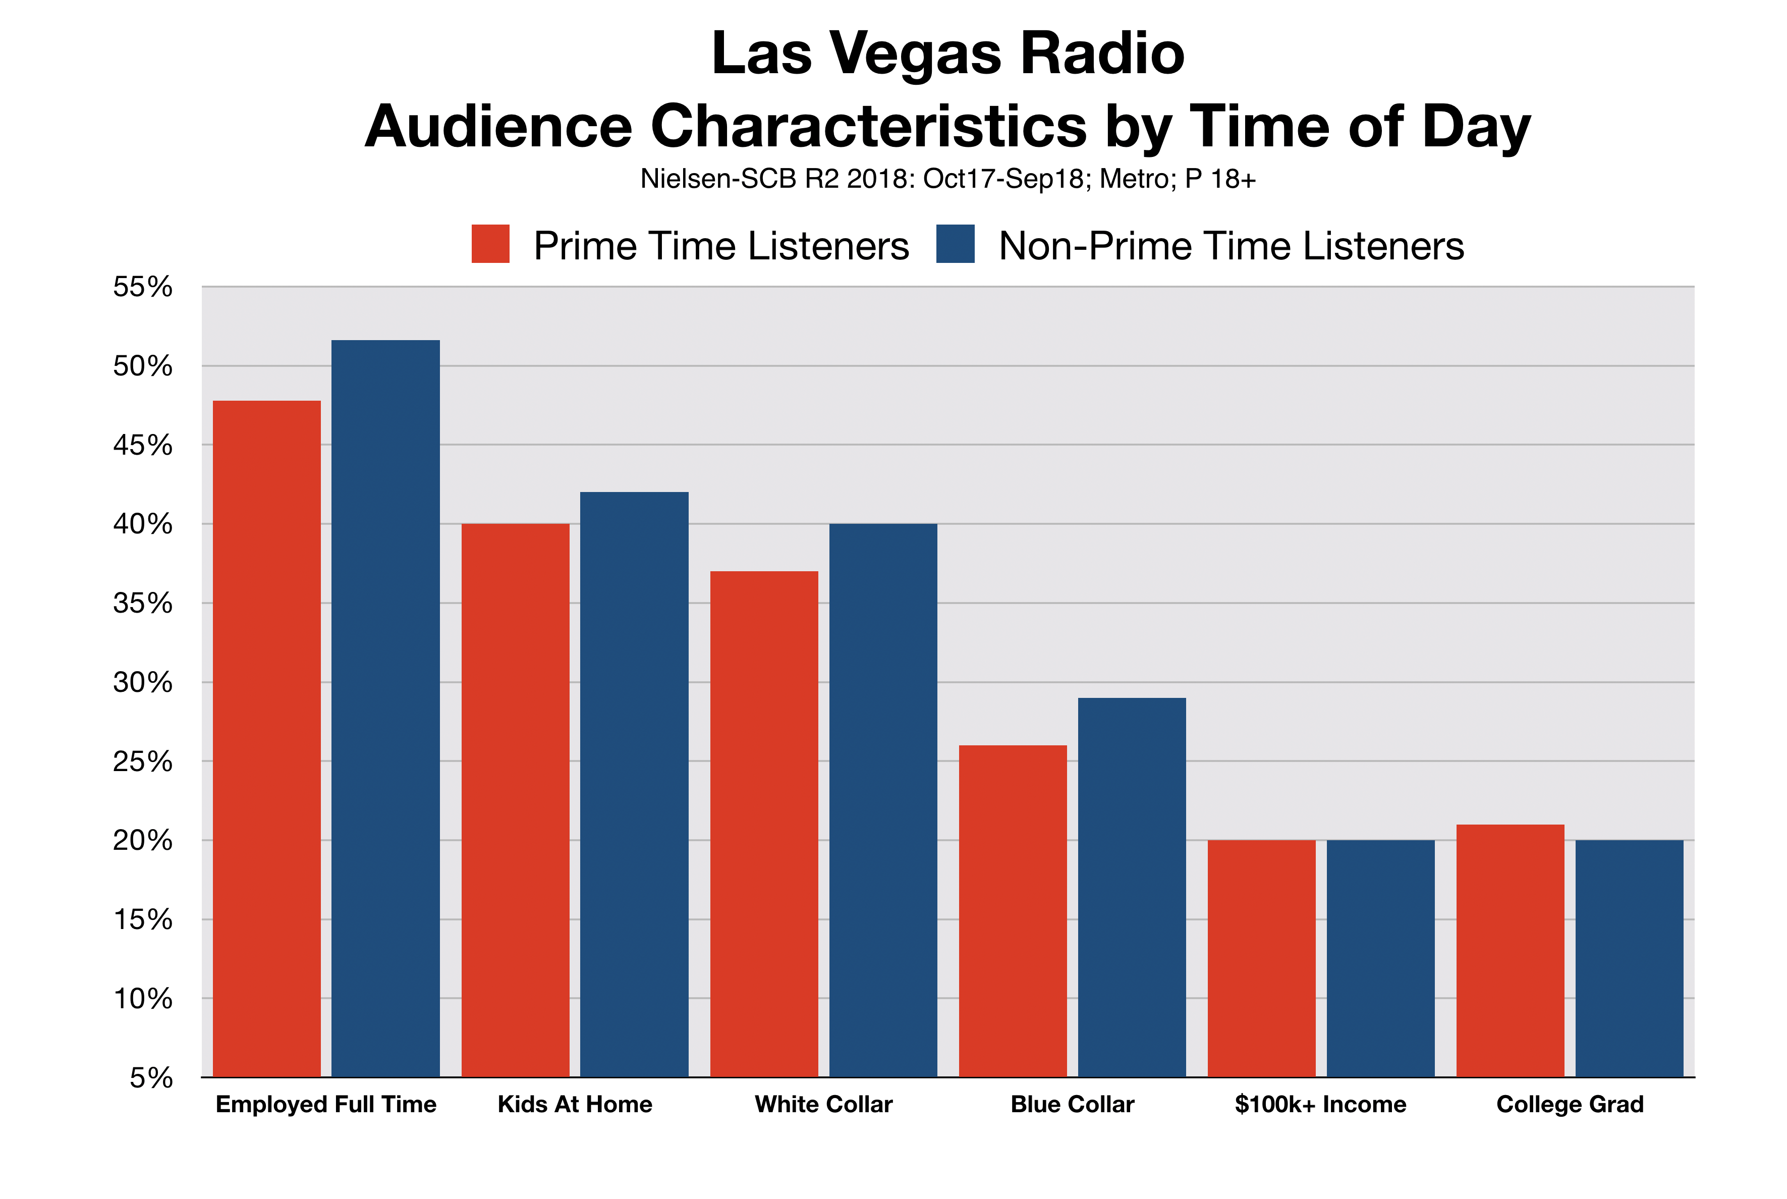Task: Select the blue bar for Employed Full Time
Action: coord(385,707)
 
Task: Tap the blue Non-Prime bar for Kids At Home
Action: coord(634,784)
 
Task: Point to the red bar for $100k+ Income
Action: coord(1261,958)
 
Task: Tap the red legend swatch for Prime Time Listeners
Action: coord(490,244)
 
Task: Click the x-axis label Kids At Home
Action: coord(575,1104)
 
